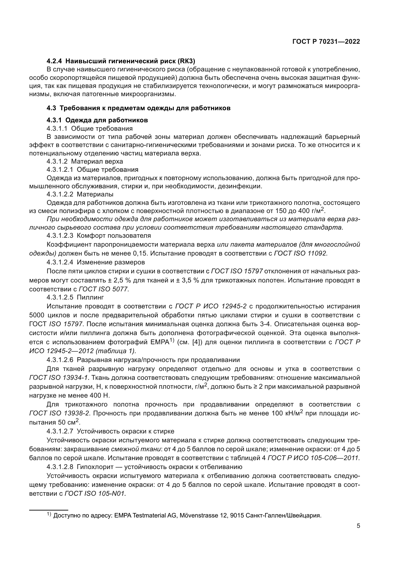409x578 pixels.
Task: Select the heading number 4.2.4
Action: pyautogui.click(x=54, y=61)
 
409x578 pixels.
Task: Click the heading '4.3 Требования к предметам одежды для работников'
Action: pyautogui.click(x=138, y=108)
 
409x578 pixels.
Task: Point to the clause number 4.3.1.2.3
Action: pyautogui.click(x=60, y=236)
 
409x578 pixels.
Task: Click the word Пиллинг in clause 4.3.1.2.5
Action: pyautogui.click(x=90, y=297)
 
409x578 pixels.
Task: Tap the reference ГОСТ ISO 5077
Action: pyautogui.click(x=104, y=289)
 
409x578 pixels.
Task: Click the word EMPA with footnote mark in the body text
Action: pyautogui.click(x=161, y=342)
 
